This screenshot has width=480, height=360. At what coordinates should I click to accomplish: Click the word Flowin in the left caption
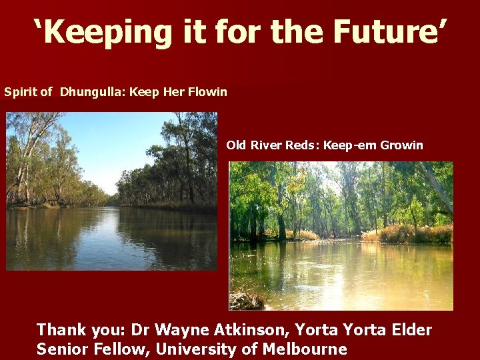coord(207,91)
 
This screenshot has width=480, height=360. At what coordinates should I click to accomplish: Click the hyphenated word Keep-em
coord(350,145)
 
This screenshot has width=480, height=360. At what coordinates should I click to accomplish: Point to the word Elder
coord(409,329)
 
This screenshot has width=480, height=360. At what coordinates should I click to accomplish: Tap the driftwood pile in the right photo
coord(245,301)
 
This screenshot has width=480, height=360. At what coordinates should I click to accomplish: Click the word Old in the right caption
coord(236,145)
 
